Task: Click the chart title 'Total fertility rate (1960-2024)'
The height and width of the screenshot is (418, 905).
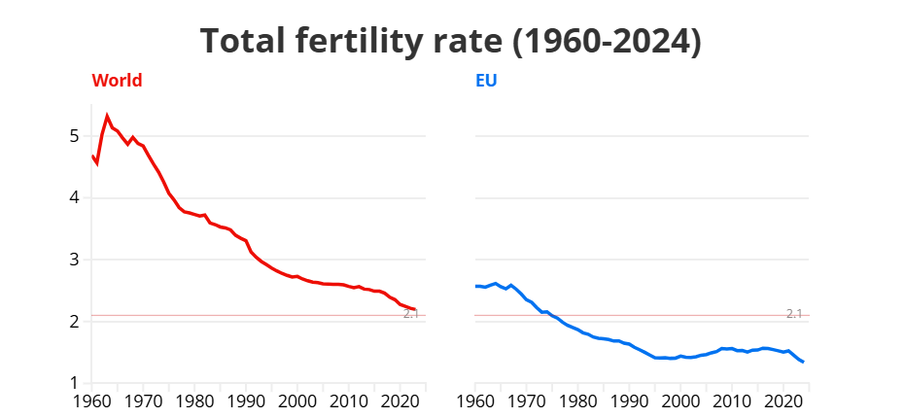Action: (451, 42)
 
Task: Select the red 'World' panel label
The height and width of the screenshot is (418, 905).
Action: (117, 81)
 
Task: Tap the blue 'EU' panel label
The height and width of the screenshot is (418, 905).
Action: (486, 81)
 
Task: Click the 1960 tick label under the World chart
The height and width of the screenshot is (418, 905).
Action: (92, 401)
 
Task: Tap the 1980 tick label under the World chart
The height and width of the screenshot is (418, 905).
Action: (194, 401)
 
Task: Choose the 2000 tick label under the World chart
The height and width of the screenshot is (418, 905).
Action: (297, 401)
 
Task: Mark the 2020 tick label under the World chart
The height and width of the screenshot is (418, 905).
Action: (400, 401)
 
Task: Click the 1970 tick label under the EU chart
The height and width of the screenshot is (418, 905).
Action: (527, 401)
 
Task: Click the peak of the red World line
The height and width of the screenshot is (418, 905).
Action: (107, 116)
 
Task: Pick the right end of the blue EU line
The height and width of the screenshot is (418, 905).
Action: (803, 362)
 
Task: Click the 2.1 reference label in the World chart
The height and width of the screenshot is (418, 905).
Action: (411, 314)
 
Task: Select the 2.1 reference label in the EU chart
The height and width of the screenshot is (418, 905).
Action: (794, 313)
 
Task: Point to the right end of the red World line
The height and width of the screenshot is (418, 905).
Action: (415, 309)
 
